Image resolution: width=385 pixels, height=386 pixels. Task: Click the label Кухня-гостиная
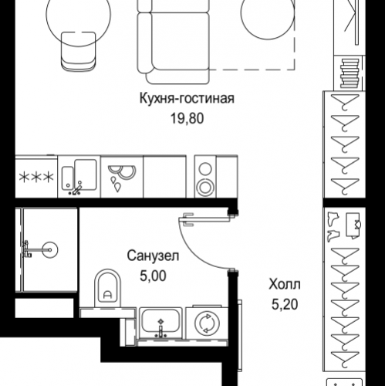185,100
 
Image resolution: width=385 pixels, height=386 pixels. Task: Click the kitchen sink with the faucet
79,177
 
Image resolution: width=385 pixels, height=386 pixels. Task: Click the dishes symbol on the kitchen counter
120,177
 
